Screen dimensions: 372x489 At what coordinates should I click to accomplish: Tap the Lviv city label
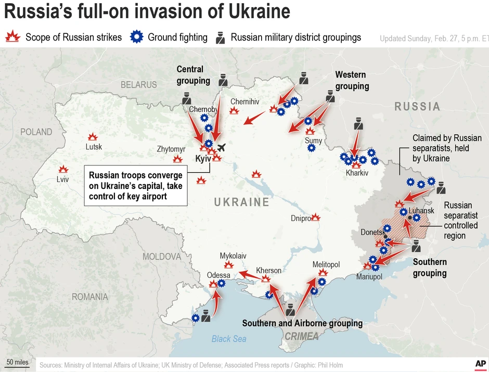pyautogui.click(x=62, y=179)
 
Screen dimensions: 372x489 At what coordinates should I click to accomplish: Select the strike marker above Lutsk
pyautogui.click(x=93, y=137)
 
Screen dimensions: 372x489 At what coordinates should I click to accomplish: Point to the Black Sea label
pyautogui.click(x=229, y=339)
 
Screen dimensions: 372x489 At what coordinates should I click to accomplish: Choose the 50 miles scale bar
pyautogui.click(x=17, y=362)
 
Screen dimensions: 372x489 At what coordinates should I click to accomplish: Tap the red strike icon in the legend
pyautogui.click(x=12, y=37)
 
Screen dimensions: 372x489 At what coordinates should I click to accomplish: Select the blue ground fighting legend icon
pyautogui.click(x=136, y=37)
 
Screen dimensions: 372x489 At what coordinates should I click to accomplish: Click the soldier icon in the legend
pyautogui.click(x=221, y=37)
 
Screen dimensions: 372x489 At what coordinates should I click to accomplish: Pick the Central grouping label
pyautogui.click(x=193, y=75)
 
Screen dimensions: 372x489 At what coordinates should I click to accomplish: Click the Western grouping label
pyautogui.click(x=352, y=81)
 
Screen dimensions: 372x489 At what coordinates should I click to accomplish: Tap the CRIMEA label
pyautogui.click(x=301, y=336)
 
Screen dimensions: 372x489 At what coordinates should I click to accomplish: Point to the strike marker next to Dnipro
pyautogui.click(x=316, y=217)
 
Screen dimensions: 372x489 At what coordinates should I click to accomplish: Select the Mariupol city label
pyautogui.click(x=369, y=277)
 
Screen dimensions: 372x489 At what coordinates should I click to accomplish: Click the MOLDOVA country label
pyautogui.click(x=162, y=256)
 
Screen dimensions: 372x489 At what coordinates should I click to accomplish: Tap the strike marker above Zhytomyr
pyautogui.click(x=178, y=159)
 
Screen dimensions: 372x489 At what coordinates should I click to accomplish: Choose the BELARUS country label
pyautogui.click(x=138, y=84)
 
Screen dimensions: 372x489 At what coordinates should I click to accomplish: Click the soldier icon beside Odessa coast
pyautogui.click(x=206, y=315)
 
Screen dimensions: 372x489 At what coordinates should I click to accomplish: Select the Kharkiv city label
pyautogui.click(x=357, y=173)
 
